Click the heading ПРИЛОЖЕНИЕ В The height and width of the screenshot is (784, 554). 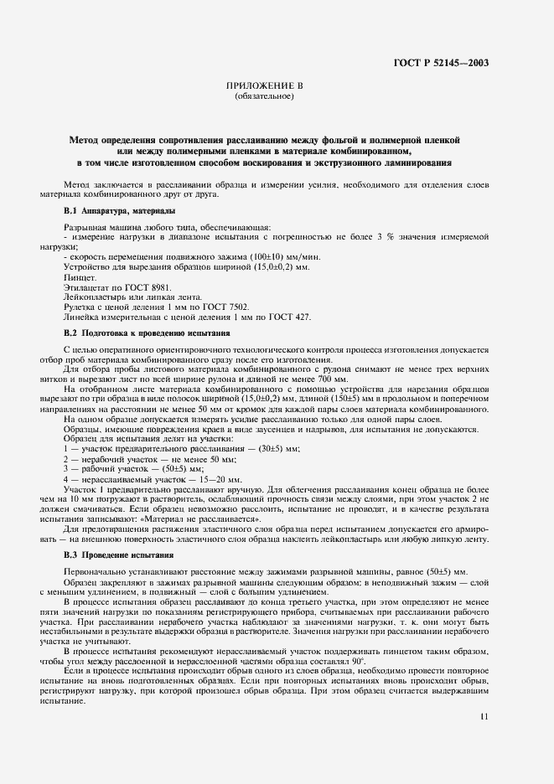coord(264,86)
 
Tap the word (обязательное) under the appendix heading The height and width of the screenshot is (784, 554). coord(264,96)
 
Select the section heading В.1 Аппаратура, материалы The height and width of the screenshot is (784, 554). coord(120,210)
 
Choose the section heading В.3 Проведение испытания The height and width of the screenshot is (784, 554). coord(119,555)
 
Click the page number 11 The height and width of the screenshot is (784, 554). coord(484,716)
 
